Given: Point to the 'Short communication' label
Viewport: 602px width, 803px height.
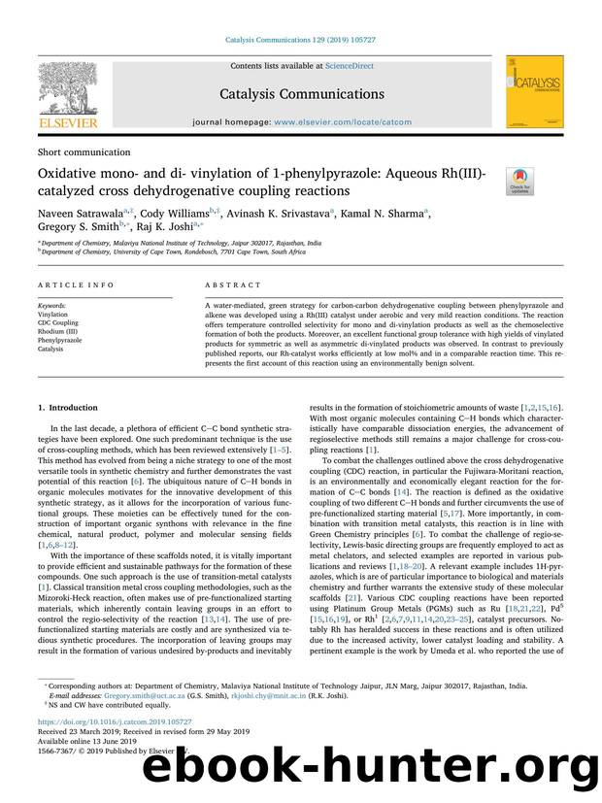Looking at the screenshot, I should pos(84,152).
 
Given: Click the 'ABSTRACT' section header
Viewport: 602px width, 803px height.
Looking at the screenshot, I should pos(234,285).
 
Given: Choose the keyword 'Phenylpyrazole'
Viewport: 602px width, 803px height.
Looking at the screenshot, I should pos(60,340).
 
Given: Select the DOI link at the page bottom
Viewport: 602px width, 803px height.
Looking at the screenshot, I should pos(115,722).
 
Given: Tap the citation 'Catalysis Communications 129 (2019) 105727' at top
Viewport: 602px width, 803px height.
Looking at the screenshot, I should pos(300,40).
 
